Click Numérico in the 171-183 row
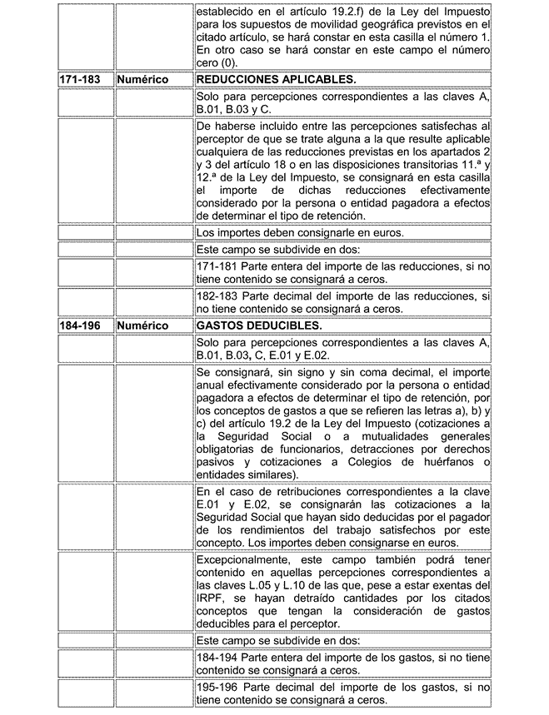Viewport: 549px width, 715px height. (x=143, y=79)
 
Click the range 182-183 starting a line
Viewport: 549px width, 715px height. (x=221, y=295)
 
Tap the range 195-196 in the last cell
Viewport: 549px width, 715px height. (x=221, y=689)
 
